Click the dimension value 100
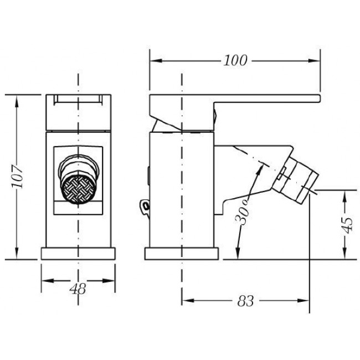point(235,60)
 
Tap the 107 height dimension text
point(18,176)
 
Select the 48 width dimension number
point(78,289)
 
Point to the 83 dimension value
point(245,301)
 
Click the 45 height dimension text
point(347,225)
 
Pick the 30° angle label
point(243,212)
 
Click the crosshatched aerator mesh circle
point(78,189)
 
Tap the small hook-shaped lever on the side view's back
point(145,206)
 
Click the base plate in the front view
point(78,254)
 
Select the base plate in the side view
point(182,254)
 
